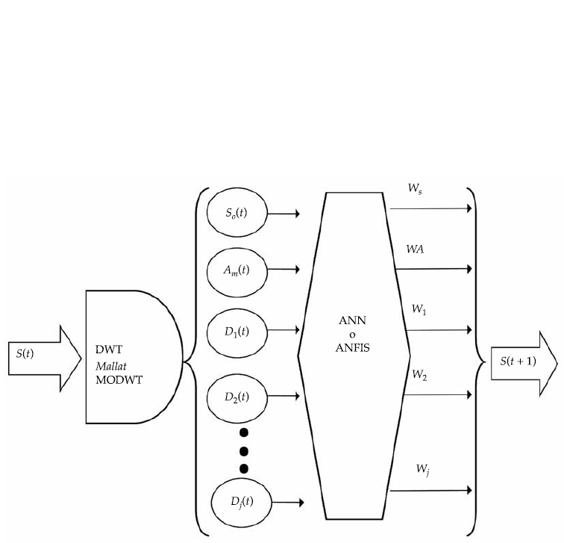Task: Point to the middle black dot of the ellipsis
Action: (x=242, y=450)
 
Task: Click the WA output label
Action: (x=416, y=248)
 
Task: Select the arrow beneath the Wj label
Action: (x=431, y=490)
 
